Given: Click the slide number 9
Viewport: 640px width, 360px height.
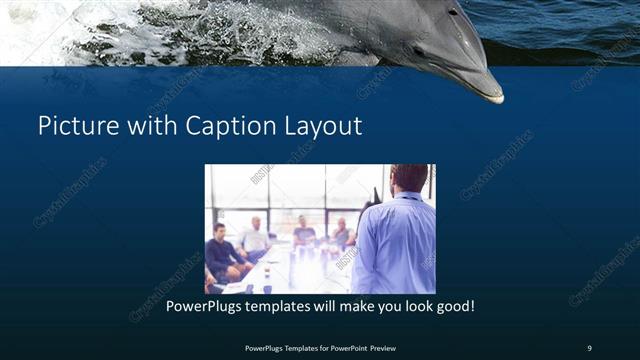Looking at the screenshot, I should tap(589, 347).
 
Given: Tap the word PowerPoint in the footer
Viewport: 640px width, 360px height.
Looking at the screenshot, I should tap(340, 347).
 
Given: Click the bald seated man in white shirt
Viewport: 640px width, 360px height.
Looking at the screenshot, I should tap(256, 236).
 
